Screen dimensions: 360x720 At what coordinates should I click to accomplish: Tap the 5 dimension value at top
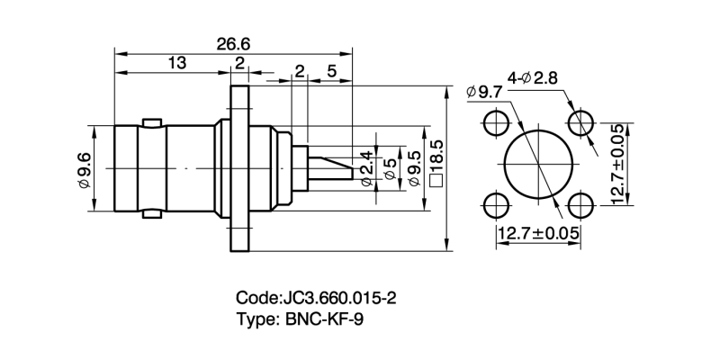point(332,70)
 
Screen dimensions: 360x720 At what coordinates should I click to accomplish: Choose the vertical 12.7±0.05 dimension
point(618,164)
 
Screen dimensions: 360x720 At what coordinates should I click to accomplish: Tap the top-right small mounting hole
point(579,122)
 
